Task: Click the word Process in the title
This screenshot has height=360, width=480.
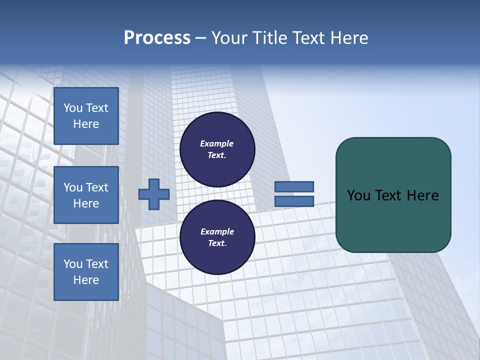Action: point(157,38)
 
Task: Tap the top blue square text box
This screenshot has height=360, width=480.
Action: point(86,116)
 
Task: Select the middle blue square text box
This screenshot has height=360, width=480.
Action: point(86,195)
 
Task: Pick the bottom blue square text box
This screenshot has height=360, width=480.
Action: point(86,272)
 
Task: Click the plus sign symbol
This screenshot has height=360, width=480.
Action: point(154,194)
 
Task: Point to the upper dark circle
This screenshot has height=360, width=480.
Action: point(217,149)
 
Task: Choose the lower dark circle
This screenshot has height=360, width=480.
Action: point(217,237)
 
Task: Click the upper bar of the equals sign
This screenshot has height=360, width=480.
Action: point(294,186)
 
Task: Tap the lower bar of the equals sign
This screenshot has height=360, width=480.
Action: point(294,201)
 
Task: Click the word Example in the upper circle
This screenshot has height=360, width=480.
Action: point(216,143)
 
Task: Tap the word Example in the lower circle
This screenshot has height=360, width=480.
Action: point(217,231)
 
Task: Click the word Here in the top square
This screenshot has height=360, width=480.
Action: point(86,124)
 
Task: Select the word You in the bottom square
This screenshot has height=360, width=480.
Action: point(73,264)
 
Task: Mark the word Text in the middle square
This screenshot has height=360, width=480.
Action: point(97,187)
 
